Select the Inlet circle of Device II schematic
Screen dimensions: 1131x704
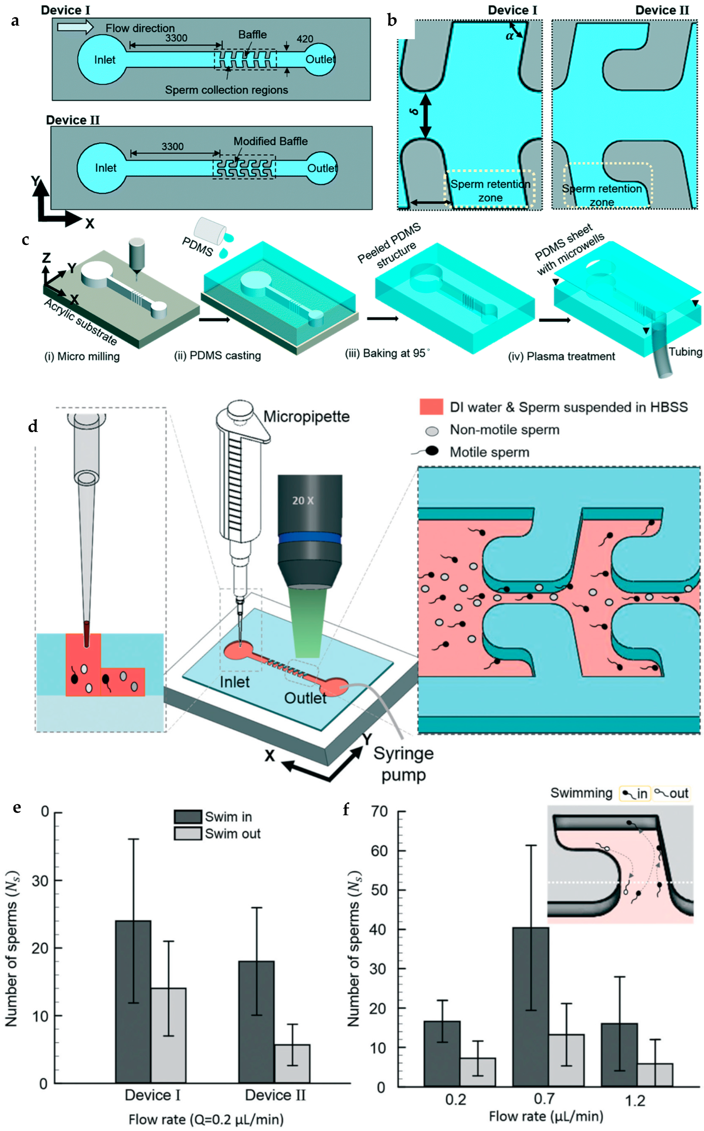pos(101,168)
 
